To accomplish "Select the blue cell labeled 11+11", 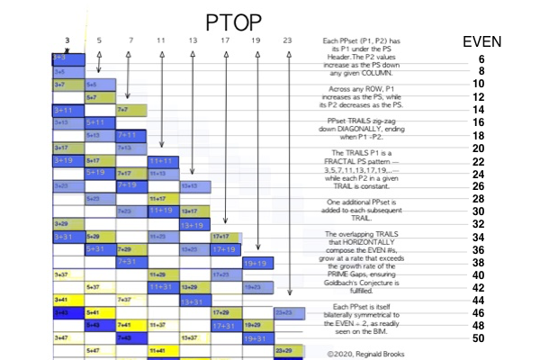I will (163, 160).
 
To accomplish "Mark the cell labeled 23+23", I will (288, 312).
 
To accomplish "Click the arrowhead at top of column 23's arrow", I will (288, 52).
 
